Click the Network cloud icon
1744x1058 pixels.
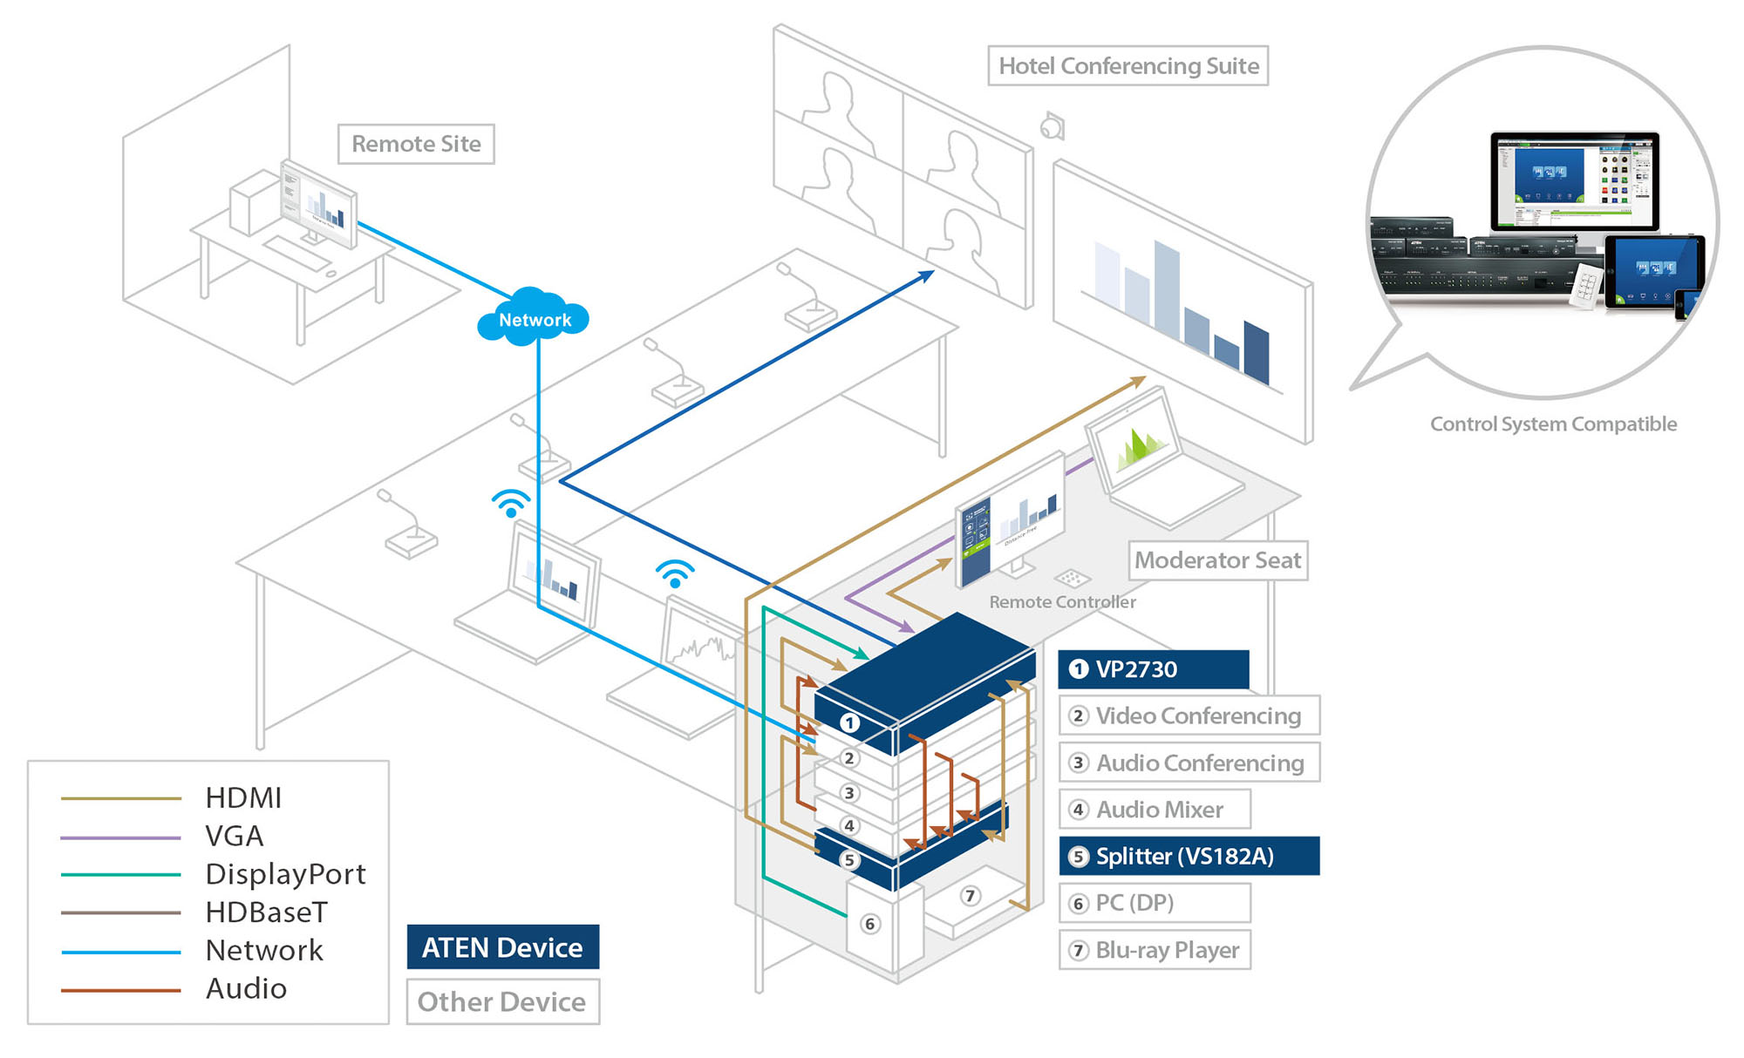pos(533,318)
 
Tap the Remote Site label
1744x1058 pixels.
pos(416,144)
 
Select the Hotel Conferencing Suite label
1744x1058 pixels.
pos(1127,66)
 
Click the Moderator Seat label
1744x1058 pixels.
pos(1217,560)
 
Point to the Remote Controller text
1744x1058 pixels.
pos(1062,602)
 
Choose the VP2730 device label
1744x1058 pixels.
pos(1153,669)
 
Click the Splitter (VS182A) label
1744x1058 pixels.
pos(1189,856)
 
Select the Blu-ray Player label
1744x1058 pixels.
pos(1155,950)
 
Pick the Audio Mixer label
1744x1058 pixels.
pos(1155,810)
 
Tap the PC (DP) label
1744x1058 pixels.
pos(1155,903)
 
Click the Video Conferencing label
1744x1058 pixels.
pos(1189,716)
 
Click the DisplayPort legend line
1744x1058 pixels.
pos(120,874)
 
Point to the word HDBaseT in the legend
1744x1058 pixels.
pos(266,912)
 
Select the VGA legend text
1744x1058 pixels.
pos(234,837)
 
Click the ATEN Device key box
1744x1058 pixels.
pos(502,947)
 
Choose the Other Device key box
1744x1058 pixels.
pos(502,1002)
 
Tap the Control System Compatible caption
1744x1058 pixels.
pos(1553,424)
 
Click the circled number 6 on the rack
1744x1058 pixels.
pos(869,924)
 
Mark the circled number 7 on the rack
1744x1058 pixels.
pos(970,896)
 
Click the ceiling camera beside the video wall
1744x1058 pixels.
pos(1053,127)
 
